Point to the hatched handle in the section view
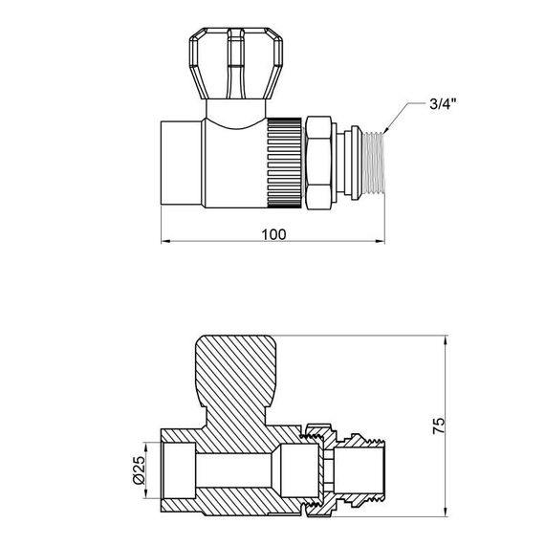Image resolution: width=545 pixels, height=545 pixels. [x=239, y=373]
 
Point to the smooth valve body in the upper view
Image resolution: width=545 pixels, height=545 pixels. [x=234, y=158]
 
